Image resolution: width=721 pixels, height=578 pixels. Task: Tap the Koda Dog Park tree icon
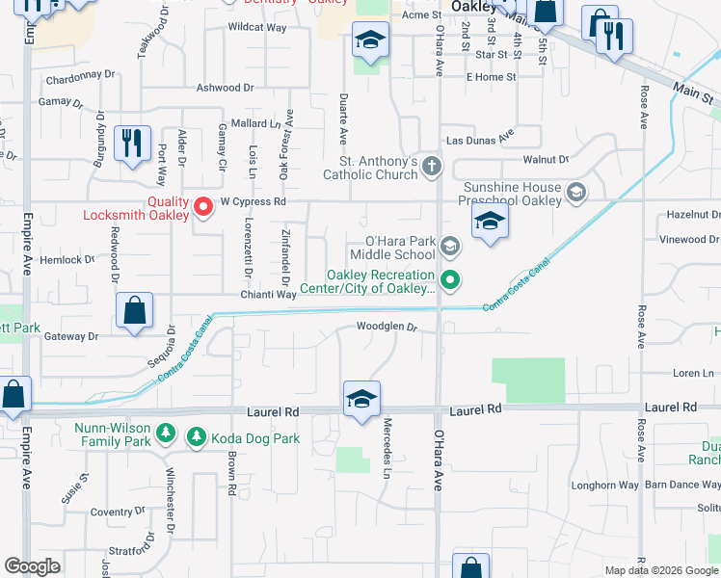[x=197, y=438]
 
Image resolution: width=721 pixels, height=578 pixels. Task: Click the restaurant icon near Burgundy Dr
[x=131, y=144]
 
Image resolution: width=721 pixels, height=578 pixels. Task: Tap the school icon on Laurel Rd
[x=361, y=400]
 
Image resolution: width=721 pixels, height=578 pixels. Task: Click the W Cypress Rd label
[x=254, y=202]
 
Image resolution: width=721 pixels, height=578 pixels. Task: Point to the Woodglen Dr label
[x=386, y=327]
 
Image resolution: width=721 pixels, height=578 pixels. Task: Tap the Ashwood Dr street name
[x=225, y=88]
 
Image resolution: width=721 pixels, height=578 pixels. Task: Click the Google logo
[x=32, y=566]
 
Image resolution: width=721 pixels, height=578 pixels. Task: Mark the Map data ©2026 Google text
[x=661, y=570]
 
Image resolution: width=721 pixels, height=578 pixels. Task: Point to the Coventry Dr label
[x=115, y=512]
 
